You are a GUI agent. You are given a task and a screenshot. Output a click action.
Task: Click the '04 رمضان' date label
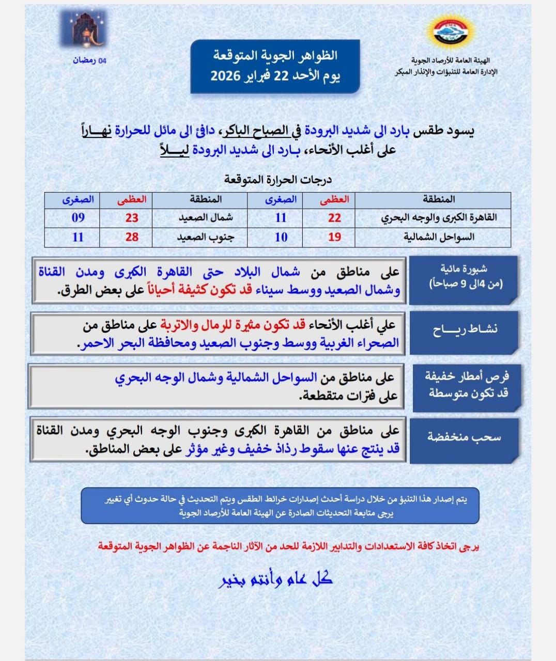pos(89,60)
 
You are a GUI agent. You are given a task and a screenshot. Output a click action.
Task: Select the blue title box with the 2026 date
pos(275,67)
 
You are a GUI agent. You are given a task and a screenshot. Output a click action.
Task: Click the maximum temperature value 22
pos(334,218)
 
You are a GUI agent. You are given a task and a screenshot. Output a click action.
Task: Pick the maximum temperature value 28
pos(132,237)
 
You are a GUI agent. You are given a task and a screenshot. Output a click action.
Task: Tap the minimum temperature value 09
pos(78,217)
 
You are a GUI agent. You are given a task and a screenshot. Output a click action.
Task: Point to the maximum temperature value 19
pos(334,237)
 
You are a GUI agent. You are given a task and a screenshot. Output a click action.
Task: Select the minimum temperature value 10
pos(281,237)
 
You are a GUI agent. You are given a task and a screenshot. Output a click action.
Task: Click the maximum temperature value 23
pos(132,218)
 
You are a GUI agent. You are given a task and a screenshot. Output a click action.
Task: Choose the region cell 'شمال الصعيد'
pos(206,218)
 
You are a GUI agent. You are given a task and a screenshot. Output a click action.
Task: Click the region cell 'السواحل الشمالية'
pos(439,237)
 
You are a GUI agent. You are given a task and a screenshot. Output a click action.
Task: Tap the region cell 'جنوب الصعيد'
pos(206,237)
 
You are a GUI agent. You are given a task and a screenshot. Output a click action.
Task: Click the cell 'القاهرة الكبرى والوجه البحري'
pos(439,218)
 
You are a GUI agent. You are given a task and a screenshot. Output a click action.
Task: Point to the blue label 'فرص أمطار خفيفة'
pos(467,385)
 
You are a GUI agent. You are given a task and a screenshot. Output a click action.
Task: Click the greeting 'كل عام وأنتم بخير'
pos(275,579)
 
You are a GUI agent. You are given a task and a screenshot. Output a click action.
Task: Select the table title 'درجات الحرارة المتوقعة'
pos(277,180)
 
